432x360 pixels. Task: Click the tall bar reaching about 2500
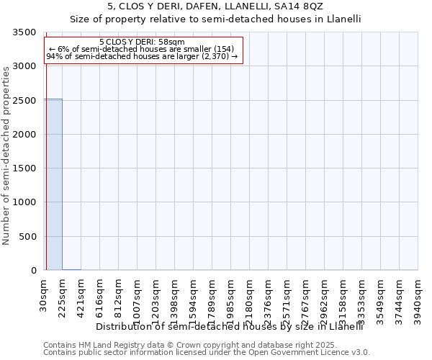tap(53, 184)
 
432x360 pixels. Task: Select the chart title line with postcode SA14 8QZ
tap(215, 6)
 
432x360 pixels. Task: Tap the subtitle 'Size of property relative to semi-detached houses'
tap(215, 19)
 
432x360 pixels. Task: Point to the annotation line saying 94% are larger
tap(142, 55)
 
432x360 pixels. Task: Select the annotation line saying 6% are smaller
tap(142, 49)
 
